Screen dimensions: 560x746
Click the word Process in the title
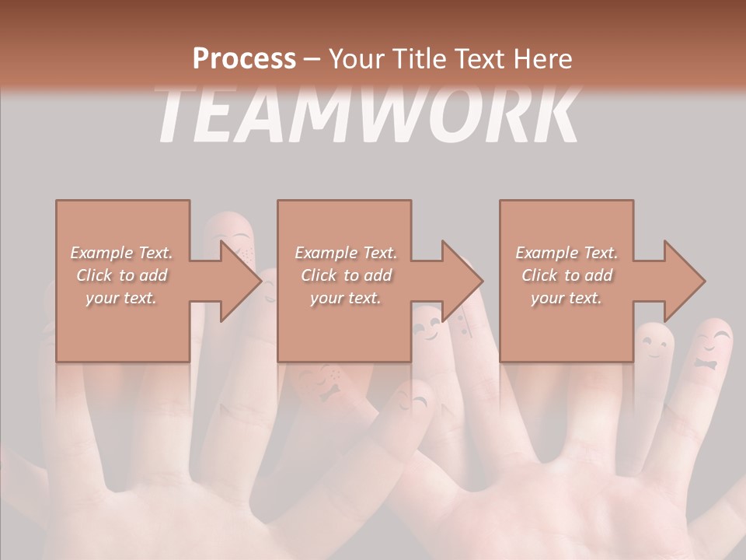pos(244,58)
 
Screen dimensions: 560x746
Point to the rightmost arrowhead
pos(683,281)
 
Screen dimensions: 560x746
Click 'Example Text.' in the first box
pos(122,253)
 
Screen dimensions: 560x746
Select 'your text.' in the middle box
pos(344,298)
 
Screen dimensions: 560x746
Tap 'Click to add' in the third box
pos(566,275)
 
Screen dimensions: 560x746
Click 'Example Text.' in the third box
pos(566,253)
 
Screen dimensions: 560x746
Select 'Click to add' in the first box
pos(122,275)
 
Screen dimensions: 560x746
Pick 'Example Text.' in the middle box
pos(345,253)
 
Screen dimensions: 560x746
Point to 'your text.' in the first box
pos(121,298)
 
